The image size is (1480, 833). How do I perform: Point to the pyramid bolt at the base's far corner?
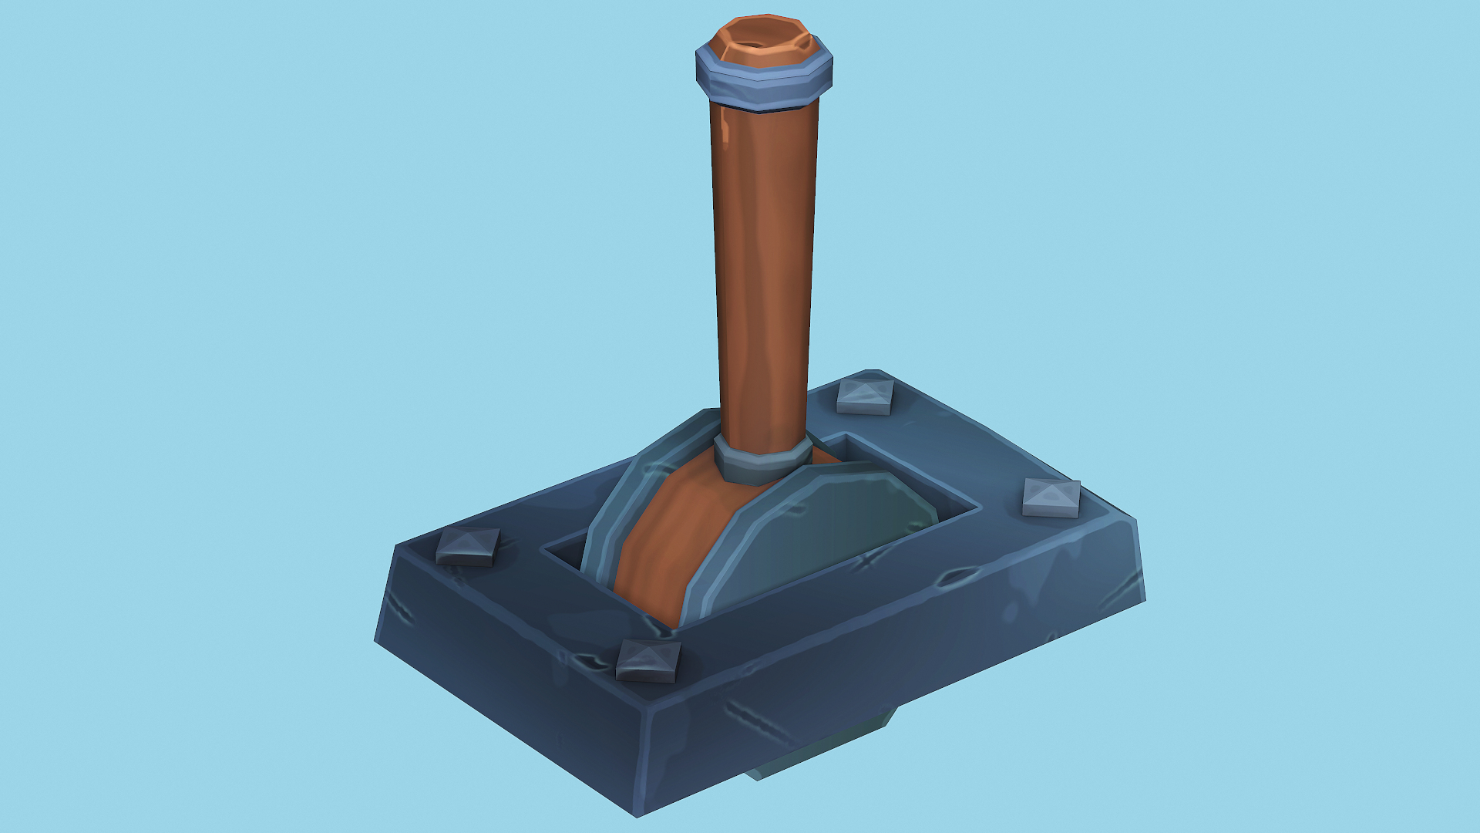865,396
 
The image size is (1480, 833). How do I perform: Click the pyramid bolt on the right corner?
1051,497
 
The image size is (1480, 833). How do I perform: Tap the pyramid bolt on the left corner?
468,547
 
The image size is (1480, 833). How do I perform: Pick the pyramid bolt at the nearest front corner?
648,660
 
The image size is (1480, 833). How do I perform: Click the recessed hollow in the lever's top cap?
759,39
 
